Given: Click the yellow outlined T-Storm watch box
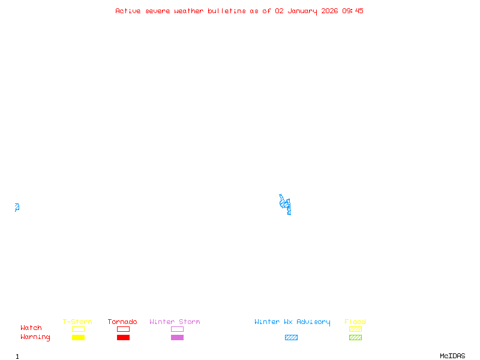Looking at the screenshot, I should tap(78, 329).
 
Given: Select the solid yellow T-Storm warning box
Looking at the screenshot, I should tap(78, 337).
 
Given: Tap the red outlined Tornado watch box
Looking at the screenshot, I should tap(123, 329).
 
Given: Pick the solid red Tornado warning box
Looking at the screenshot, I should tap(123, 337).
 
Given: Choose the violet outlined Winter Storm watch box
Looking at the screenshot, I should tap(177, 329).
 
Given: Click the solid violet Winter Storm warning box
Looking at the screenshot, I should tap(177, 337).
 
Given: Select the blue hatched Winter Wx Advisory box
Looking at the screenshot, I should tap(291, 337).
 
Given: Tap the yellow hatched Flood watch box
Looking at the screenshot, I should tap(355, 329).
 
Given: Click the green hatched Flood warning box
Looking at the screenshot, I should tap(355, 337).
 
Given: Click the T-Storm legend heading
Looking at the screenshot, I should tap(77, 322).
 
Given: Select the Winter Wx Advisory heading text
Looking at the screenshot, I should tap(292, 322).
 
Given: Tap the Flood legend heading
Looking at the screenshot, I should tap(355, 322).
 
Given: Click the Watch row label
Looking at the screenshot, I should tap(31, 328).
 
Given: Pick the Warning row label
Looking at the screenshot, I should tap(35, 337).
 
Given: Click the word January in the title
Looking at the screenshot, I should tap(302, 11).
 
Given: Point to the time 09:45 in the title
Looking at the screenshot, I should tap(353, 11).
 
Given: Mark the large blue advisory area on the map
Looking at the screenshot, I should tap(286, 204).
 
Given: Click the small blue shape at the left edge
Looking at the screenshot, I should tap(17, 207).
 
